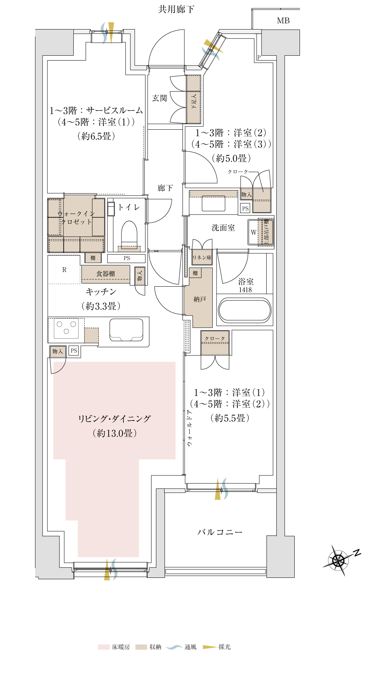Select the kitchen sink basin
tap(126, 330)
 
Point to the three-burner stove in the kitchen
tap(66, 328)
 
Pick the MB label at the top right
tap(283, 21)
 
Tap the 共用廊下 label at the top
tap(176, 9)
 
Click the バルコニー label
tap(220, 532)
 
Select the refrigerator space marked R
tap(64, 269)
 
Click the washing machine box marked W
tap(254, 232)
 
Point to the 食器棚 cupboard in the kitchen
tap(105, 274)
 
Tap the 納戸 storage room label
tap(200, 299)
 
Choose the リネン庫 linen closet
tap(202, 258)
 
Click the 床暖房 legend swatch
tap(104, 647)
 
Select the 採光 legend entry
tap(217, 647)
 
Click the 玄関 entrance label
tap(160, 98)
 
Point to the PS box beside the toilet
tap(126, 258)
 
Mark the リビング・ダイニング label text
tap(114, 419)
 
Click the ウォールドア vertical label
tap(190, 428)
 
